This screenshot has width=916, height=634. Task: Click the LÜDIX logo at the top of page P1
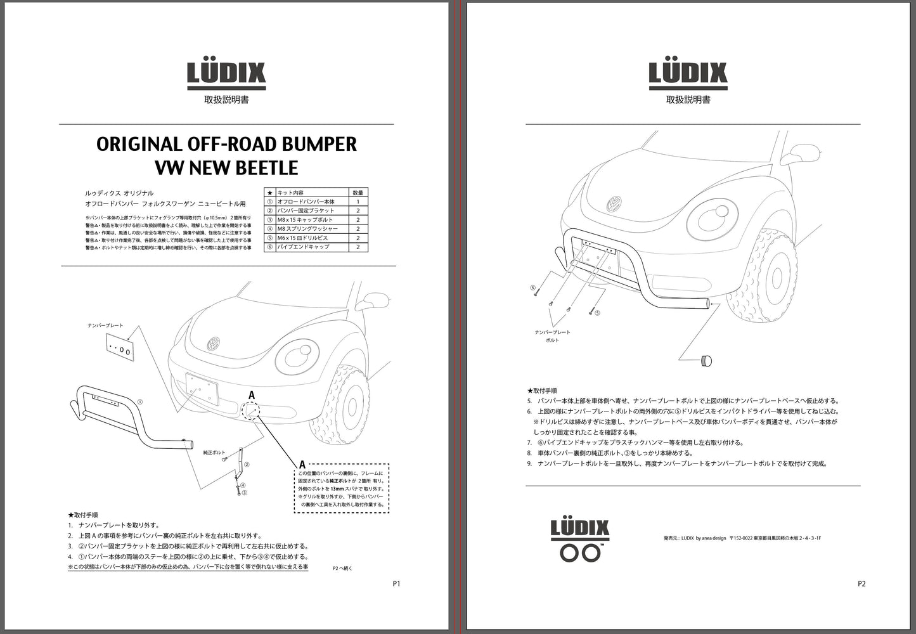click(x=226, y=73)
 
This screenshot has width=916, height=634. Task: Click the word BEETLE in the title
click(x=264, y=168)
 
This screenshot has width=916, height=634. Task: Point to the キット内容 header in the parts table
click(x=291, y=193)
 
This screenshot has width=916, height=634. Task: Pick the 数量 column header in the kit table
click(x=358, y=193)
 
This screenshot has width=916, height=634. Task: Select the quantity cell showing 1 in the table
click(x=358, y=202)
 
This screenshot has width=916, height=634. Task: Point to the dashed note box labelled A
click(x=342, y=488)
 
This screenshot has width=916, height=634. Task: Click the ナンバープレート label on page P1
click(x=106, y=325)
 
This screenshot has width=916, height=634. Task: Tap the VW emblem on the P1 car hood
click(x=214, y=344)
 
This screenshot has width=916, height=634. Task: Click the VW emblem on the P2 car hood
click(x=614, y=205)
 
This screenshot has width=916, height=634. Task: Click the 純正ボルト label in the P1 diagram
click(x=214, y=453)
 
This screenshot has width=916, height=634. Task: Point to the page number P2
click(x=861, y=584)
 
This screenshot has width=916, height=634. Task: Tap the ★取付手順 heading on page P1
click(x=83, y=515)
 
